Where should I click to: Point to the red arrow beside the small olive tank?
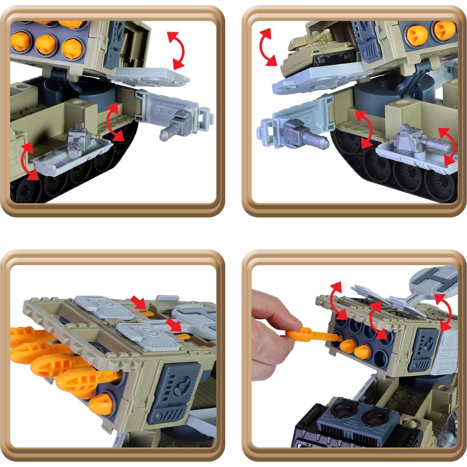[x=267, y=47]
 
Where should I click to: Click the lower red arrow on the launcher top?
[x=174, y=325]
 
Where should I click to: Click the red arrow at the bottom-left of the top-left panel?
[x=28, y=161]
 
